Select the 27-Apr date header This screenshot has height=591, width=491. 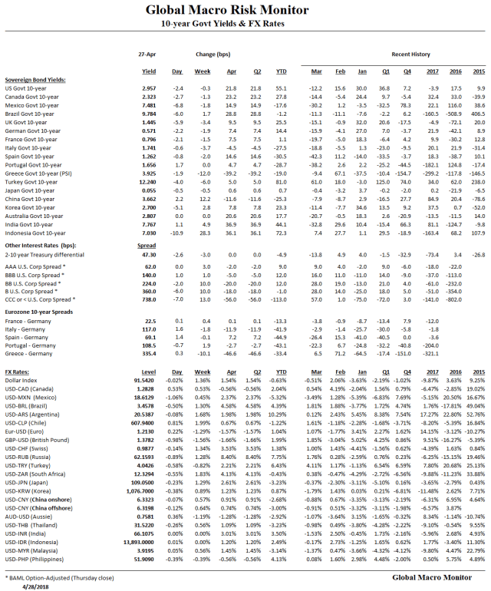[149, 55]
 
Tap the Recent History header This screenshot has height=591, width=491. [410, 55]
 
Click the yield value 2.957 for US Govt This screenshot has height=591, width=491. [149, 88]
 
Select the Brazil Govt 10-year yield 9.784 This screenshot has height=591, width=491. [149, 114]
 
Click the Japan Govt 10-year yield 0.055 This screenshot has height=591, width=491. [149, 190]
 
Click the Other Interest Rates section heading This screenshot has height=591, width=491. [38, 245]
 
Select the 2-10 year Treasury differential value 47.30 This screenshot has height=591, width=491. [149, 254]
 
